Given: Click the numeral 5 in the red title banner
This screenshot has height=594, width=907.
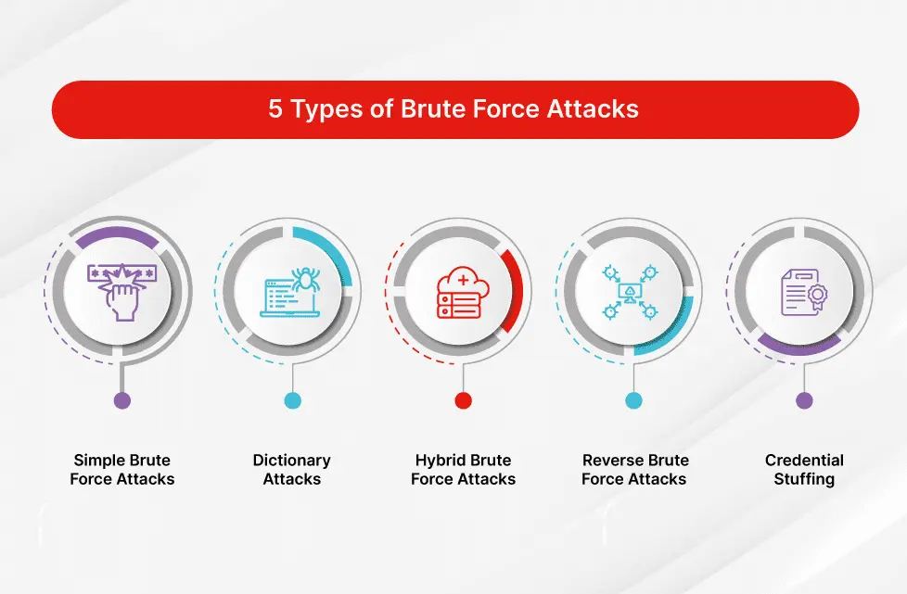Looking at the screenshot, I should point(276,109).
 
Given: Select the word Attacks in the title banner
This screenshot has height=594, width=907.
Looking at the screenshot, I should point(594,109).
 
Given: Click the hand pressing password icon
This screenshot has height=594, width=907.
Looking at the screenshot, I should point(122,291).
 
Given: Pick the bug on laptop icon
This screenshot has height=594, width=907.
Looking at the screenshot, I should point(292,291).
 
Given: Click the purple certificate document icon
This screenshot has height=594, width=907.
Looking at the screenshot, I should point(803,291).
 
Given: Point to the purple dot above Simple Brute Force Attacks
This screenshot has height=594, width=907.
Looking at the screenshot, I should point(122,400).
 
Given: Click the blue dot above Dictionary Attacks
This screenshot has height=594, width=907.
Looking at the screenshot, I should point(292,400).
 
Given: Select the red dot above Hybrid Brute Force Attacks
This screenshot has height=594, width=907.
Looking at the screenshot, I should point(463,400).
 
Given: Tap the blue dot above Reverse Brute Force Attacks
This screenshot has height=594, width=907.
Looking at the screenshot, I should point(633,400).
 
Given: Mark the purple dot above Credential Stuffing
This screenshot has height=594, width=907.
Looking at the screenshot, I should point(804,400).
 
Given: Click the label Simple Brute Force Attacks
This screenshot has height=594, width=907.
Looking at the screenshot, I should point(122,470).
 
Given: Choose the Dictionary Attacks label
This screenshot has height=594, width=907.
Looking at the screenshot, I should point(292,470).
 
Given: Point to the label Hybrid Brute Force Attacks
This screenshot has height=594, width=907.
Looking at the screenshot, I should point(463,470).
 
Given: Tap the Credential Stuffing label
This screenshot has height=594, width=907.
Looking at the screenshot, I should point(804,470).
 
